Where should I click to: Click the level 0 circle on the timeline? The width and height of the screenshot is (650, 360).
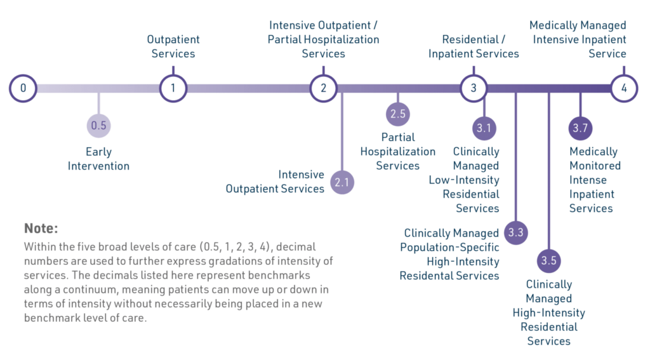(x=23, y=88)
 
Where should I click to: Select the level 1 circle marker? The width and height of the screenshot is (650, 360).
(x=173, y=88)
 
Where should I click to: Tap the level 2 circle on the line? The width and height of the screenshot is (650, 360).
(x=323, y=88)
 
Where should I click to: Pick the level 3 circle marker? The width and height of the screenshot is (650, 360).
(x=474, y=88)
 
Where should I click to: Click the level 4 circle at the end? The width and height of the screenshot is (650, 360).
(x=624, y=88)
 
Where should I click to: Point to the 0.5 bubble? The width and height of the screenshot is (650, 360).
(x=98, y=125)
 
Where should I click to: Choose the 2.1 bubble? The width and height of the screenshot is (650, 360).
(x=342, y=182)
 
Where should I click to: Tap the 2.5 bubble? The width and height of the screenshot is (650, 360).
(x=398, y=114)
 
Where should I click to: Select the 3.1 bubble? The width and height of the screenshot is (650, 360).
(x=484, y=128)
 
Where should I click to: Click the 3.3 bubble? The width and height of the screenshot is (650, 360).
(x=515, y=232)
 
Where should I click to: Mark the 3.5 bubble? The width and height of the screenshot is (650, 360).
(x=548, y=260)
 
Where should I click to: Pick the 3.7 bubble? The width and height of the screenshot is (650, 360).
(x=580, y=128)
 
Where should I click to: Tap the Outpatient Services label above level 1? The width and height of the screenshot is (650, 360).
(x=173, y=46)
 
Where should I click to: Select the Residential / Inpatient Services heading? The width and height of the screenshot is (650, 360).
(x=474, y=47)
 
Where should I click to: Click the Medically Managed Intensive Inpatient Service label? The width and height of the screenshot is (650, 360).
(x=579, y=39)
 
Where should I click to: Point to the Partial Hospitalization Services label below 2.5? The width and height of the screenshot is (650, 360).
(x=398, y=151)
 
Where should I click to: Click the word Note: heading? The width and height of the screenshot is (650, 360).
(x=41, y=228)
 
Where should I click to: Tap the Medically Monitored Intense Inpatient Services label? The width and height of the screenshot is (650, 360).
(x=595, y=180)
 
